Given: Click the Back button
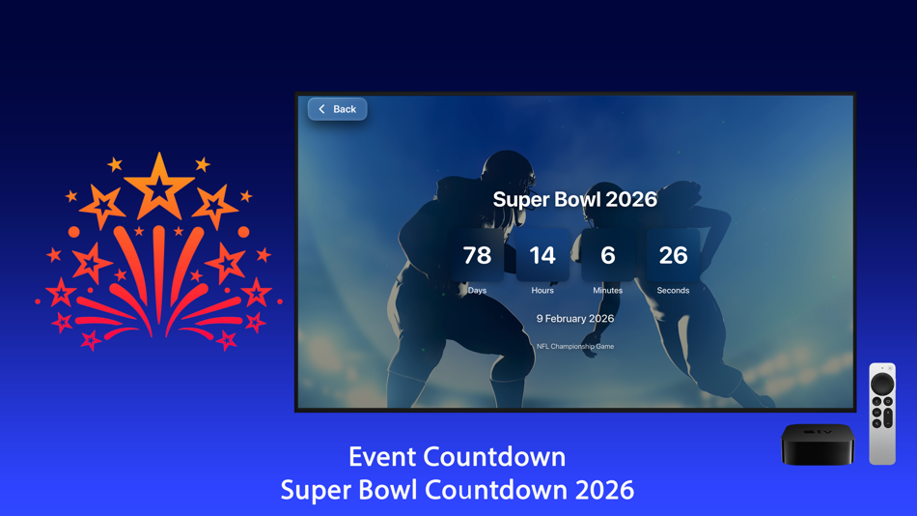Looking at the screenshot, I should [337, 109].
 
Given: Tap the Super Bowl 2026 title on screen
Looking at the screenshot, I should [574, 199].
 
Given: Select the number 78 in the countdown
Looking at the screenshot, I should [477, 255].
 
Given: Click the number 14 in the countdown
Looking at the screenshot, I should [542, 255].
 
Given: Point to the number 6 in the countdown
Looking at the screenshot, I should [607, 255].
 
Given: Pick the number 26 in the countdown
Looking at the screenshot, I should [673, 255].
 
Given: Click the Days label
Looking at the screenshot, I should [477, 290].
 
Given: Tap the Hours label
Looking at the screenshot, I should [542, 290].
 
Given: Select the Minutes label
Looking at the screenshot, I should [607, 290].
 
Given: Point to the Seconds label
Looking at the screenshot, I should [673, 290].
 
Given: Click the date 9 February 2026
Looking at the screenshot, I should [574, 318].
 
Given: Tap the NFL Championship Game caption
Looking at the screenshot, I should [574, 346].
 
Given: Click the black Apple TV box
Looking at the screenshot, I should [818, 444].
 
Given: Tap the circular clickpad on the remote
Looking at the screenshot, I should [882, 384].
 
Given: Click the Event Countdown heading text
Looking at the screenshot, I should [457, 456].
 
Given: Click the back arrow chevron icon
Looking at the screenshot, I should [322, 109].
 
